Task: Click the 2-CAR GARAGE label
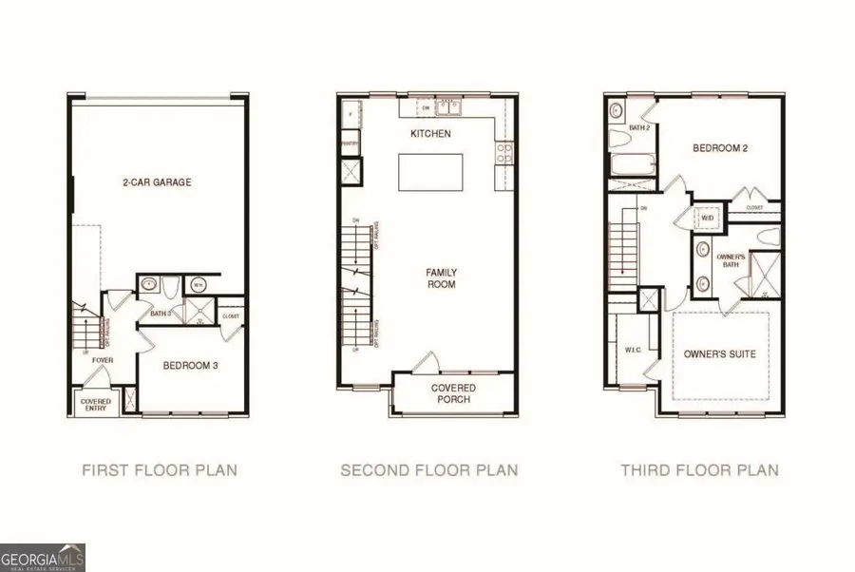point(157,182)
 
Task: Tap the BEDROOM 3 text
point(193,366)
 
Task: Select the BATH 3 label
point(160,313)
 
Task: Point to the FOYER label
point(103,361)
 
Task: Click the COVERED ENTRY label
point(96,406)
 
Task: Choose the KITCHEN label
point(430,134)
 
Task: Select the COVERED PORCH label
point(453,393)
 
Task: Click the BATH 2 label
point(640,127)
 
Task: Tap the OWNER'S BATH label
point(730,261)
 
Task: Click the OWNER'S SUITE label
point(720,354)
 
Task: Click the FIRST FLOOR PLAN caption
point(160,469)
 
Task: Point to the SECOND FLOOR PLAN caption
point(429,469)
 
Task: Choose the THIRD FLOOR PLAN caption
point(699,469)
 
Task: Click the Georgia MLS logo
point(43,556)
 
